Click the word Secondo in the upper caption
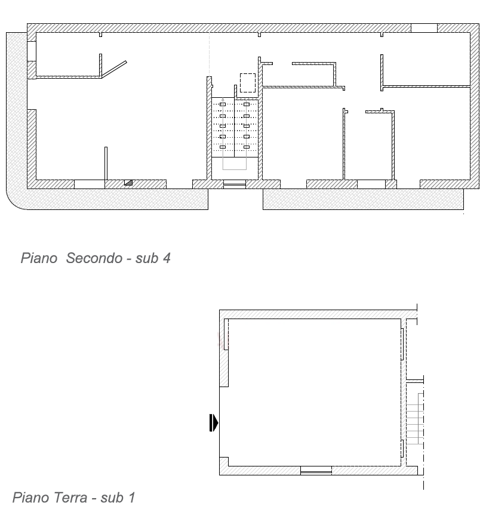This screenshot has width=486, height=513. [94, 258]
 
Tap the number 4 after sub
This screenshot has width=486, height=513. [167, 258]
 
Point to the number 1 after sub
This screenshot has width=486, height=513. [132, 497]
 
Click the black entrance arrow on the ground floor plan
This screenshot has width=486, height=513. [214, 423]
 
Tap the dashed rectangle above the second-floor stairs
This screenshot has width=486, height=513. [248, 83]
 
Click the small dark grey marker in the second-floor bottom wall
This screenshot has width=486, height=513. [128, 183]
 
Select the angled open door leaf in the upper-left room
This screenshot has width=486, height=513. [114, 69]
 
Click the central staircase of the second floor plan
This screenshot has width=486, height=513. [235, 127]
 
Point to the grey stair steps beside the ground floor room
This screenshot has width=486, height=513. [415, 418]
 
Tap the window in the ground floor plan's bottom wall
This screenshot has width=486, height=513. [316, 471]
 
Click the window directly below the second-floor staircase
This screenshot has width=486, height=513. [235, 184]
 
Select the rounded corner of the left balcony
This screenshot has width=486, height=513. [15, 200]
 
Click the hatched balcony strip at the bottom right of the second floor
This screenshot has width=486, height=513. [363, 199]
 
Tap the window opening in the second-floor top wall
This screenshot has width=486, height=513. [424, 28]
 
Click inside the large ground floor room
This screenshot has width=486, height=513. [315, 393]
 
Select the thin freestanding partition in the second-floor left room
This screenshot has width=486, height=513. [106, 163]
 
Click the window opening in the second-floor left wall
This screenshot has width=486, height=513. [32, 51]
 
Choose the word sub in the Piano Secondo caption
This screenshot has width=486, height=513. [146, 258]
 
